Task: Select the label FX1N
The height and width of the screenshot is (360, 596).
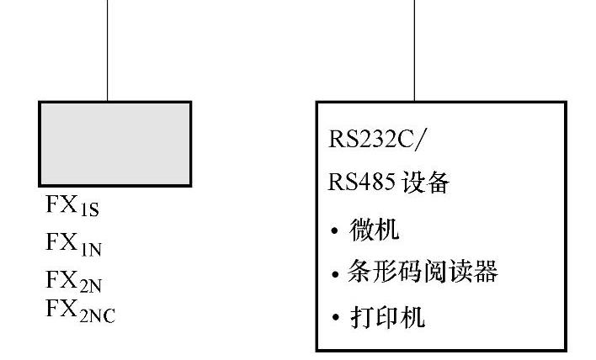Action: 73,244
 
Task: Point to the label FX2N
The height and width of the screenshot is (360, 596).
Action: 73,279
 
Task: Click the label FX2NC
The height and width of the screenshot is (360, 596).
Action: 81,309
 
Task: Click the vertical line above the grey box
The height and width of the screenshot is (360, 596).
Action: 108,50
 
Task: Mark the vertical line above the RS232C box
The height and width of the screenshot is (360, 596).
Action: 414,50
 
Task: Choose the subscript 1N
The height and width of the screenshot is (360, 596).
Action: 92,248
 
